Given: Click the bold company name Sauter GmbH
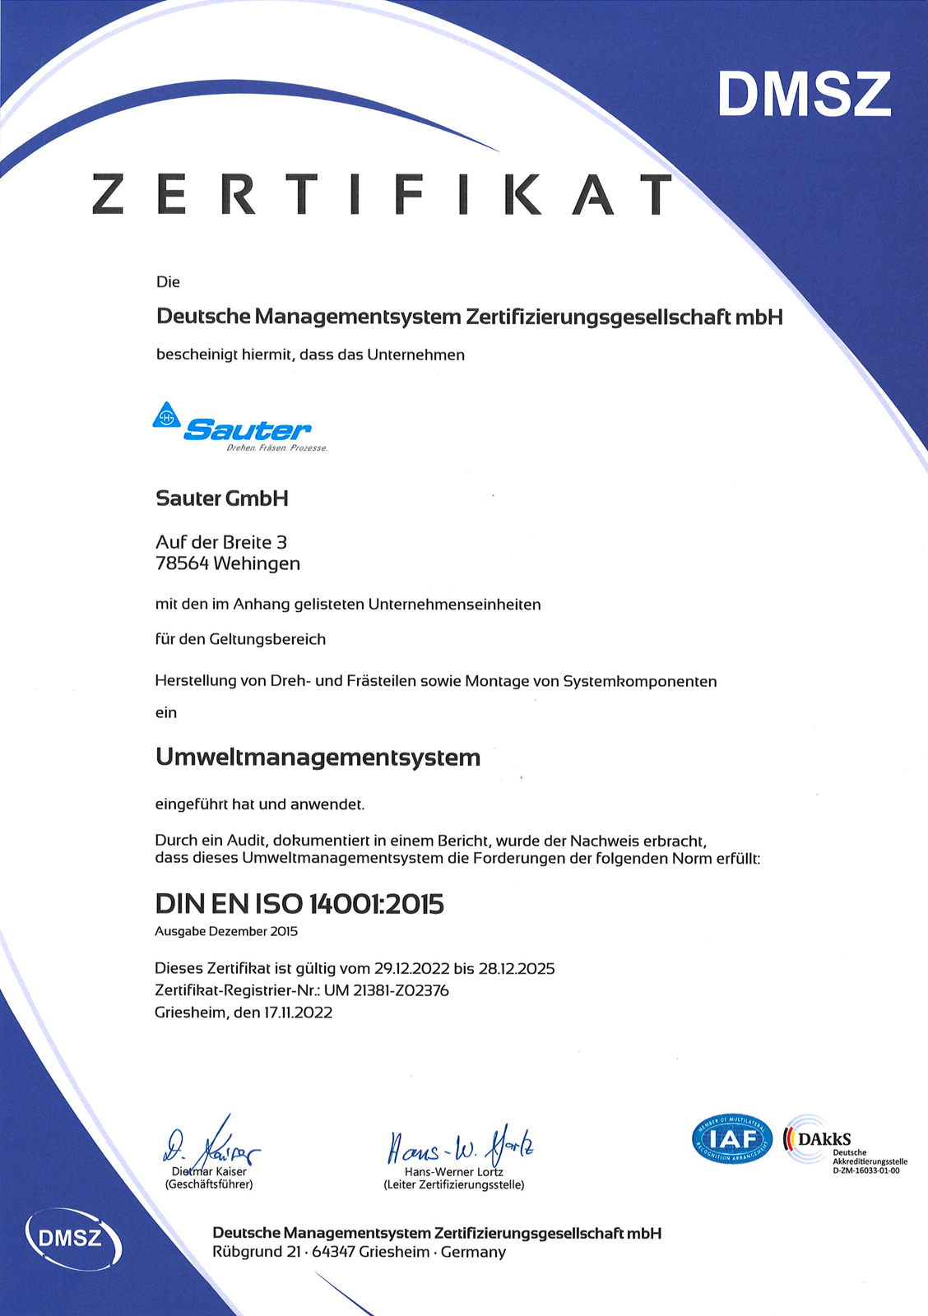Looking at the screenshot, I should pyautogui.click(x=222, y=498).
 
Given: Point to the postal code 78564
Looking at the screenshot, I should pyautogui.click(x=182, y=564).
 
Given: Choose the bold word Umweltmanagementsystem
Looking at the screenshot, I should pyautogui.click(x=318, y=758).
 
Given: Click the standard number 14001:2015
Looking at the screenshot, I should pyautogui.click(x=376, y=904).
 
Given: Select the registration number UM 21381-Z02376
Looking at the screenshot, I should pyautogui.click(x=387, y=991).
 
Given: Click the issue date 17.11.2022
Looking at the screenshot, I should pyautogui.click(x=298, y=1013).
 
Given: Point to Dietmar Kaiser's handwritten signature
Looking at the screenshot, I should pyautogui.click(x=211, y=1142).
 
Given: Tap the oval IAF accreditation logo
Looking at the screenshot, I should pyautogui.click(x=731, y=1140).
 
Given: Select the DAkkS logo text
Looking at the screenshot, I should pyautogui.click(x=824, y=1139).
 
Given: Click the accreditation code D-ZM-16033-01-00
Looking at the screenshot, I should pyautogui.click(x=866, y=1170).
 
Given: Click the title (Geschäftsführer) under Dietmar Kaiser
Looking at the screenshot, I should pyautogui.click(x=209, y=1184).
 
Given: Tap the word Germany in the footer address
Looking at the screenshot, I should pyautogui.click(x=473, y=1253).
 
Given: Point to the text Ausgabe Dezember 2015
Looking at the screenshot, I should pyautogui.click(x=226, y=932).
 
